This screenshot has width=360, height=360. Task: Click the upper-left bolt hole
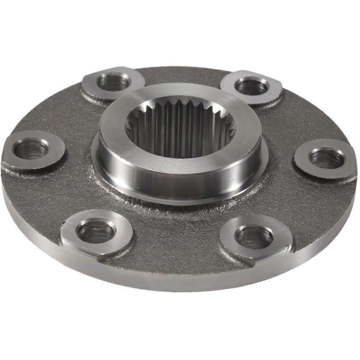114,82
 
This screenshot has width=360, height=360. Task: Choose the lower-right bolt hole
254,236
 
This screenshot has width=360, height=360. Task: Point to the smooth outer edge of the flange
180,282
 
